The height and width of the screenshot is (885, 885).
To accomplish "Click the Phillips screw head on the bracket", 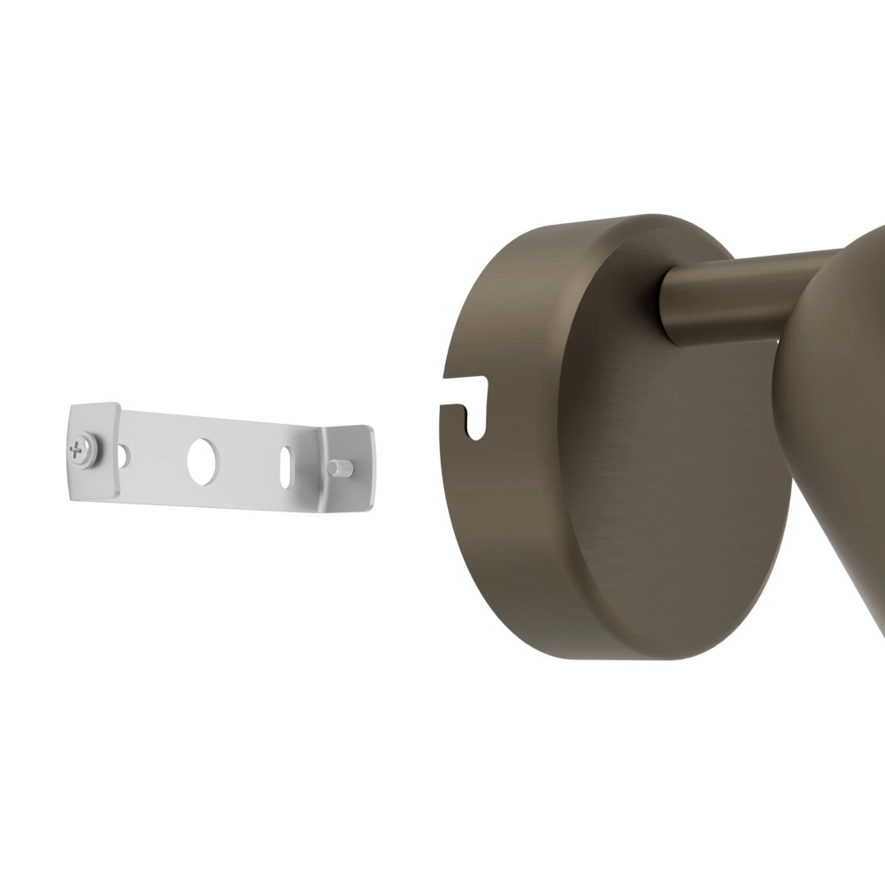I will [80, 449].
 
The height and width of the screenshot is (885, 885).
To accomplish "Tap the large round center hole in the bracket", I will [202, 460].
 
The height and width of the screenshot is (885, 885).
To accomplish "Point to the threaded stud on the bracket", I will [341, 467].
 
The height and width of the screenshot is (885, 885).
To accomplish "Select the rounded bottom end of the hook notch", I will [476, 432].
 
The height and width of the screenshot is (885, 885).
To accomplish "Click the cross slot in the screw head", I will [79, 450].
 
